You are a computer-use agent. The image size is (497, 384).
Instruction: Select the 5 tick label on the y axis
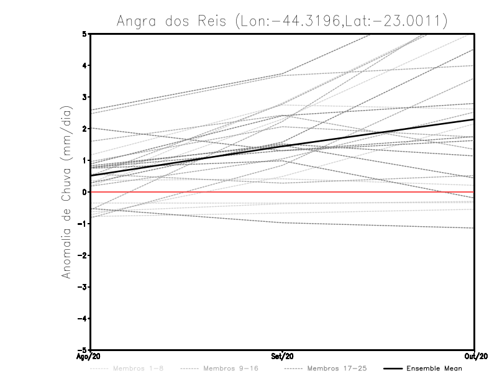pyautogui.click(x=84, y=34)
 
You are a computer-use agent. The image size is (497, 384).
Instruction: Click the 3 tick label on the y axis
pyautogui.click(x=84, y=97)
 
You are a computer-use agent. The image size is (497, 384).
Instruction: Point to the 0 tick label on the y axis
pyautogui.click(x=84, y=192)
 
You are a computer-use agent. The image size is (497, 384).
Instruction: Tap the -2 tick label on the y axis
pyautogui.click(x=82, y=255)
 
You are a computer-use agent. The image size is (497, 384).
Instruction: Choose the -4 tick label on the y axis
pyautogui.click(x=82, y=318)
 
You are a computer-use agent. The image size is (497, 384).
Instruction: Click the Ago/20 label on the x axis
pyautogui.click(x=89, y=357)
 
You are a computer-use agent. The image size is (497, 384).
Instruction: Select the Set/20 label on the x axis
pyautogui.click(x=283, y=357)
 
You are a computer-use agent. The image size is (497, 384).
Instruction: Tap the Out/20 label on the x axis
pyautogui.click(x=474, y=357)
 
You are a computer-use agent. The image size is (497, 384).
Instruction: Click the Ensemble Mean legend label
pyautogui.click(x=434, y=368)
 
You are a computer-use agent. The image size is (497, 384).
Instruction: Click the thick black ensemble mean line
pyautogui.click(x=283, y=145)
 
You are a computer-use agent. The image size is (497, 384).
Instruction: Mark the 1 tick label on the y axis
pyautogui.click(x=84, y=160)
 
